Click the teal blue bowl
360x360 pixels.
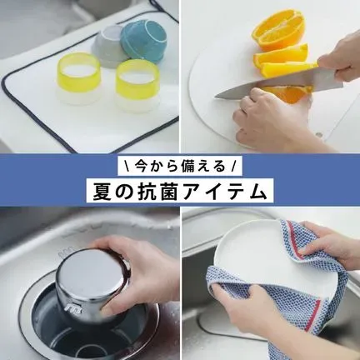point(143,42)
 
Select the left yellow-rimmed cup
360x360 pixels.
point(78,78)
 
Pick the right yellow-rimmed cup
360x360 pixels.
point(137,86)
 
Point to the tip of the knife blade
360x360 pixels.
point(216,97)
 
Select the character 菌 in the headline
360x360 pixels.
point(166,192)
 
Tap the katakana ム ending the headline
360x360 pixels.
point(254,192)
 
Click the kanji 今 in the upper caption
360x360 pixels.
point(140,167)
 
